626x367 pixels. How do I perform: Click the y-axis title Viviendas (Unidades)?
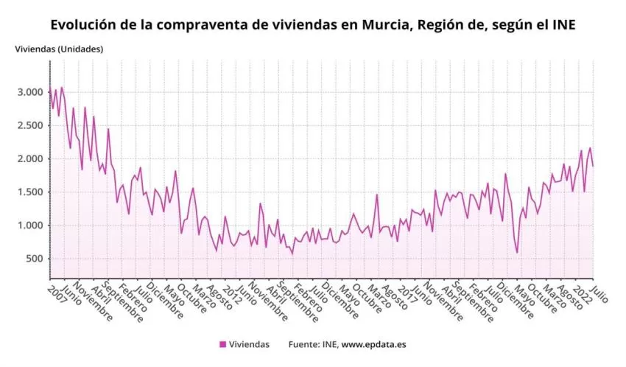59,49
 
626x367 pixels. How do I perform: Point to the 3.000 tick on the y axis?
30,92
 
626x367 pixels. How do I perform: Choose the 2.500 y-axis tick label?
30,125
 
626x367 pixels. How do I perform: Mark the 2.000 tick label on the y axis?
30,159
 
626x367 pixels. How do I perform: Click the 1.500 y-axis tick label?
30,192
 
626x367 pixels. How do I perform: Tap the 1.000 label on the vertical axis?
30,226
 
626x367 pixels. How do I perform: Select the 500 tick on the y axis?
34,259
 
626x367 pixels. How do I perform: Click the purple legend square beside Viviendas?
222,344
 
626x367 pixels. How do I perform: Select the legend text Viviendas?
249,344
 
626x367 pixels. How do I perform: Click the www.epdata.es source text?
376,344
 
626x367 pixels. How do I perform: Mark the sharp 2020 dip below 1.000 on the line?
517,253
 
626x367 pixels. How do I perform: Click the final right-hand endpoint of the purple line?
593,166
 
